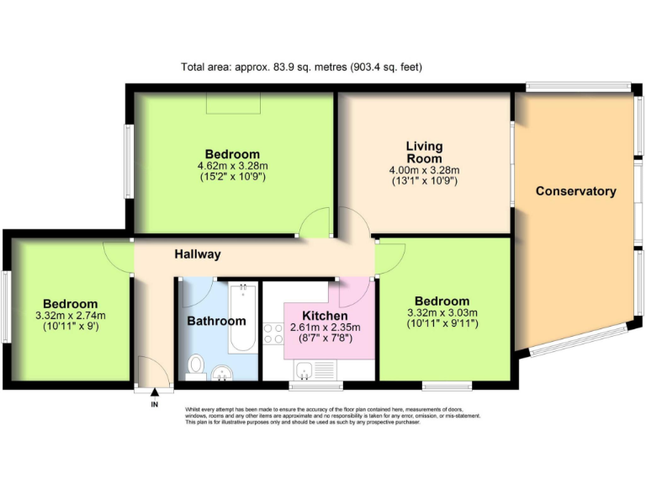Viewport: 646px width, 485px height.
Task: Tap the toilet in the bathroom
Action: (x=196, y=365)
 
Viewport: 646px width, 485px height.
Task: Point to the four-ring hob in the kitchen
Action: (x=274, y=334)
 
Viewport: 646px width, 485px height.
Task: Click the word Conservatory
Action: (x=575, y=191)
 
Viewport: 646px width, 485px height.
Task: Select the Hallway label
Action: (x=198, y=253)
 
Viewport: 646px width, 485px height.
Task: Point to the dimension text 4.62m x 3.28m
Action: (x=232, y=166)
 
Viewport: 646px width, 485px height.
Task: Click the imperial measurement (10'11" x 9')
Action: (x=71, y=327)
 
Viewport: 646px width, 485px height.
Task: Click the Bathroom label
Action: (x=216, y=321)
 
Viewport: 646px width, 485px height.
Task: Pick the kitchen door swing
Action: (x=352, y=293)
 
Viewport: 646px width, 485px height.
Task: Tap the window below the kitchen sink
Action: (x=316, y=386)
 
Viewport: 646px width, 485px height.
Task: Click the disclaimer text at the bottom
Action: (x=332, y=416)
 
